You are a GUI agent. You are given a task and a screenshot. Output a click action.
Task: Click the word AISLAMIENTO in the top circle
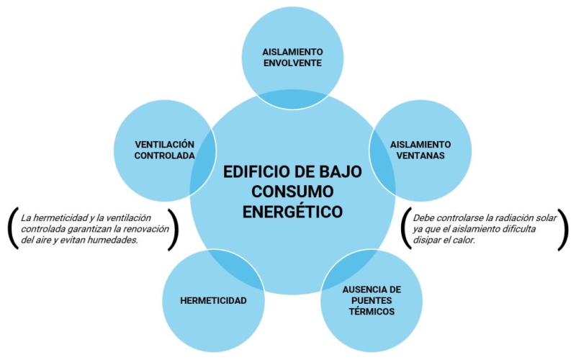pos(293,51)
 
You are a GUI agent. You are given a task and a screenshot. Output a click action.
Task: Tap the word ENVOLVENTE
pos(293,63)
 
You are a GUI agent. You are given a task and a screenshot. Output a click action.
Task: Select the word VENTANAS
pos(420,156)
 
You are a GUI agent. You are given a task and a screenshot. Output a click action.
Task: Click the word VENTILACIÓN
pos(164,144)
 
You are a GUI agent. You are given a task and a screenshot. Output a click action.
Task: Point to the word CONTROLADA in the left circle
pos(164,156)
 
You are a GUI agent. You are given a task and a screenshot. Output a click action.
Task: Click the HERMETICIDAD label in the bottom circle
pos(213,300)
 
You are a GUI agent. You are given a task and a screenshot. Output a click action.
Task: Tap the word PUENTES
pos(372,300)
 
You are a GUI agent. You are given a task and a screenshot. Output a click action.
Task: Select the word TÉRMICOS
pos(372,312)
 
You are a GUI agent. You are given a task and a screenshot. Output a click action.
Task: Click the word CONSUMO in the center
pos(293,192)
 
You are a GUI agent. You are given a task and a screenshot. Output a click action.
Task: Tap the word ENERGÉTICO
pos(293,212)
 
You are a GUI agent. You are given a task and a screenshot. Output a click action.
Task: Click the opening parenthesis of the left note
pos(12,228)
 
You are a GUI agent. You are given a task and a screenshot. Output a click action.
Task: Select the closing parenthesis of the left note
pos(174,230)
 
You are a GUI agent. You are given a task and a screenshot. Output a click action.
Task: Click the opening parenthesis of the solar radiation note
pos(405,228)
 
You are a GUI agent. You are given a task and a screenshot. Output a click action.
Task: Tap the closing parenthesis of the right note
pos(563,230)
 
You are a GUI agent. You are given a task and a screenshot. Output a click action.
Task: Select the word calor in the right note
pos(464,240)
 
